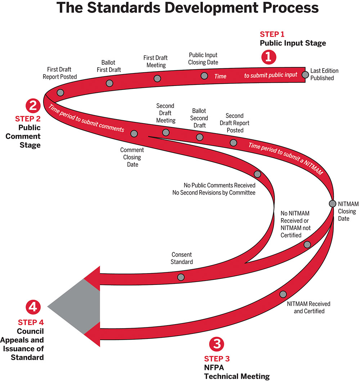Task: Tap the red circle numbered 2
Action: (33, 106)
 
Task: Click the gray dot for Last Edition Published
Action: (305, 74)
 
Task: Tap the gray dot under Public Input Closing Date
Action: (204, 76)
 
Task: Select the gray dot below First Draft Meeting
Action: (157, 78)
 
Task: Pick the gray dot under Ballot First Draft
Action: (110, 83)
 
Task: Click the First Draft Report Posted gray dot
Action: (60, 92)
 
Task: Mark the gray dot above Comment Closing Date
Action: (134, 134)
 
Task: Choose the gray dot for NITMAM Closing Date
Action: (333, 203)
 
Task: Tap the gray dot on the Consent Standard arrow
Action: (181, 277)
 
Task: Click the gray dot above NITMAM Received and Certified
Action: (283, 294)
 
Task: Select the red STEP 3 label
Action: (217, 359)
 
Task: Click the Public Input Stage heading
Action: (293, 43)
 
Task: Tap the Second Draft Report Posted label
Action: (235, 123)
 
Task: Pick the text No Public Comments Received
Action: (219, 185)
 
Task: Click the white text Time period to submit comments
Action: (86, 118)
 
